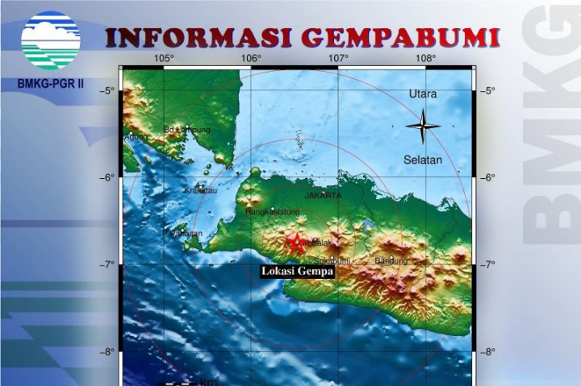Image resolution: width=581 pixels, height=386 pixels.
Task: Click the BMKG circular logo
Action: click(x=51, y=39)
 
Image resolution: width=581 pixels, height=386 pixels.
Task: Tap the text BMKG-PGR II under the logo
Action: click(x=50, y=83)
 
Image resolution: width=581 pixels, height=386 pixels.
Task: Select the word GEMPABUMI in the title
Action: click(x=400, y=38)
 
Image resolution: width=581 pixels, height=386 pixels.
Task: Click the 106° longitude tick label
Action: click(x=251, y=58)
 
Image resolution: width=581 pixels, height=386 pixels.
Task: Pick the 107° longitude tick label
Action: click(x=338, y=58)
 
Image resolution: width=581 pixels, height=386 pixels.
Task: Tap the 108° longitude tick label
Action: click(x=425, y=58)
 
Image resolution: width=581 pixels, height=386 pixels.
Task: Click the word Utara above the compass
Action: click(x=422, y=94)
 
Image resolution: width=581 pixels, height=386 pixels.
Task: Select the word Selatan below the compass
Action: click(x=423, y=160)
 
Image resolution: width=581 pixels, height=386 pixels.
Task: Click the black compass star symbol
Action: click(x=423, y=126)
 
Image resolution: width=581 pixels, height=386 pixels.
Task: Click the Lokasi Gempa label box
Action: click(x=297, y=272)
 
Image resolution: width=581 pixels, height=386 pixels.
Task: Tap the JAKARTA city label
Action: click(x=324, y=196)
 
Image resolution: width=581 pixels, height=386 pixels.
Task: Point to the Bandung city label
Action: click(x=391, y=261)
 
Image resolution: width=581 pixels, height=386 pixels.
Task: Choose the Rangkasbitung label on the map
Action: click(x=273, y=213)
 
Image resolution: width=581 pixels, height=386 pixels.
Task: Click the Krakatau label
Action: click(x=201, y=191)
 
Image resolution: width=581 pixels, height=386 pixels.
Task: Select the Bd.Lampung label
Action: click(x=186, y=130)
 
